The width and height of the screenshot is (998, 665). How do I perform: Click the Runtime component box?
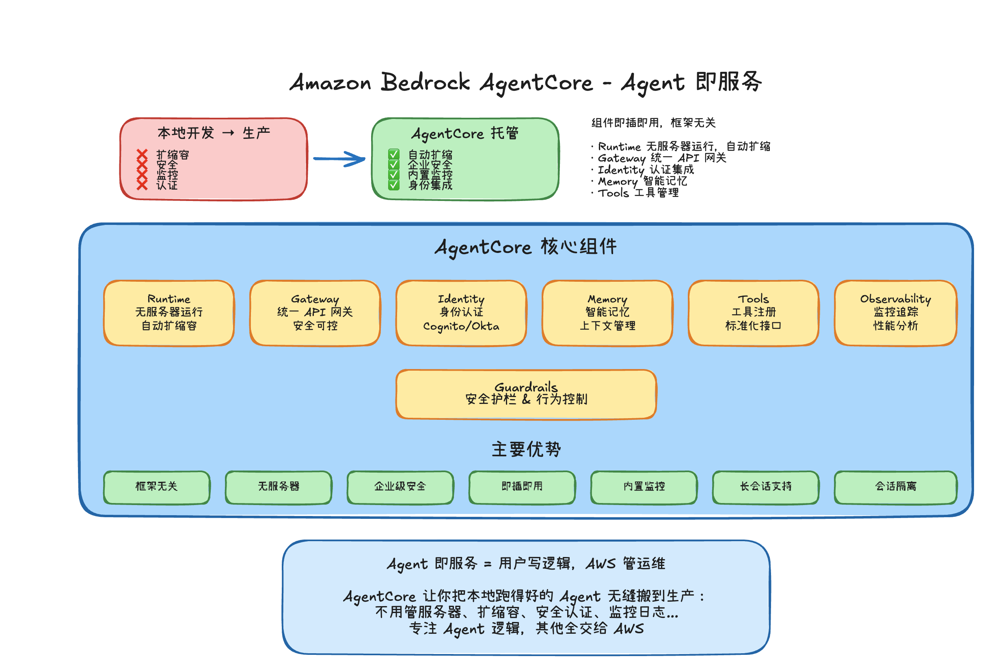(x=169, y=313)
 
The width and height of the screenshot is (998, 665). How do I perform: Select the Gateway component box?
(x=315, y=313)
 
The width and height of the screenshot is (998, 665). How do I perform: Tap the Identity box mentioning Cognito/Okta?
(x=461, y=313)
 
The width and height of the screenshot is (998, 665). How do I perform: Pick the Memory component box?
(x=607, y=313)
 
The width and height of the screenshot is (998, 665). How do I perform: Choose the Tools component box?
(x=753, y=313)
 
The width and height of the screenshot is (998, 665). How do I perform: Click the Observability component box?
(x=895, y=313)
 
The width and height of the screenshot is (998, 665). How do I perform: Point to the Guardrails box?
(x=526, y=394)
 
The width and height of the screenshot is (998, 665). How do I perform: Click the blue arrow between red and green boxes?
(x=339, y=159)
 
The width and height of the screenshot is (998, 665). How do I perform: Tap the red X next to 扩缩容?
(x=142, y=154)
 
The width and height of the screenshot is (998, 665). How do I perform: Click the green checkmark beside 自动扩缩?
(x=393, y=154)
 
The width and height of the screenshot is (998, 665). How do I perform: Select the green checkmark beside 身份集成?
(x=393, y=185)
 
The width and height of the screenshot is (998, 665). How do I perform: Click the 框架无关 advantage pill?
(x=156, y=487)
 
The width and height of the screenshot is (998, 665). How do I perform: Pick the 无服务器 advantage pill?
(x=278, y=487)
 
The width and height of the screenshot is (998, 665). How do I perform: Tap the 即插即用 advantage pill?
(x=522, y=487)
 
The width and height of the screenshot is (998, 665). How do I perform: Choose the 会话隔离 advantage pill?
(x=895, y=487)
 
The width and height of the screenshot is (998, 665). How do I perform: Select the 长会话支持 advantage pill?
(x=766, y=487)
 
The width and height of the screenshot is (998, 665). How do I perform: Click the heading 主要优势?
(x=526, y=449)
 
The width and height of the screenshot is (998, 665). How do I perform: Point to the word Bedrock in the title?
(x=425, y=82)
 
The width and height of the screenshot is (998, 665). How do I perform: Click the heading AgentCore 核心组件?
(x=526, y=247)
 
